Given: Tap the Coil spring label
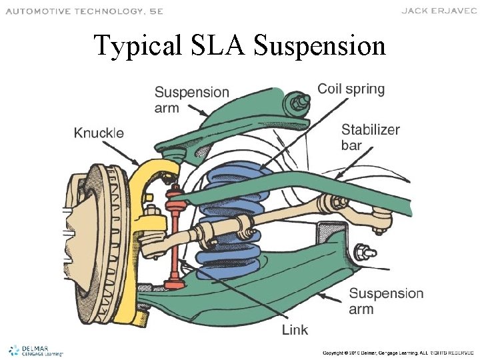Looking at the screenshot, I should (351, 89).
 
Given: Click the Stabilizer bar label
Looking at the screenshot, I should (370, 137).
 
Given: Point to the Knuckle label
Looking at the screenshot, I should (99, 133).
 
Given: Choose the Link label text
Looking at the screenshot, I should (295, 330).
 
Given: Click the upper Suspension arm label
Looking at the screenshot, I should (191, 100).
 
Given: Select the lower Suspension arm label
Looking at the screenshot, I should (386, 301).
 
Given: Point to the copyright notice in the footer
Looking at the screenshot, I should (399, 352).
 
